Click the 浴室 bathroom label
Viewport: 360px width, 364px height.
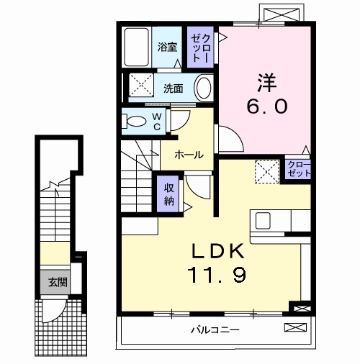(168, 48)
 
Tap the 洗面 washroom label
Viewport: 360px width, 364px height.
(173, 89)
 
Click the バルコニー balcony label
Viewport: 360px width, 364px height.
(215, 330)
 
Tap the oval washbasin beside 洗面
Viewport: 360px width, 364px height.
(204, 88)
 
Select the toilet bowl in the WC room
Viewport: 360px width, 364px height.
(133, 122)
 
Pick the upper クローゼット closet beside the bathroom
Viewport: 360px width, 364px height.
(199, 47)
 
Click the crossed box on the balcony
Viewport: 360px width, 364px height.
(295, 328)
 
